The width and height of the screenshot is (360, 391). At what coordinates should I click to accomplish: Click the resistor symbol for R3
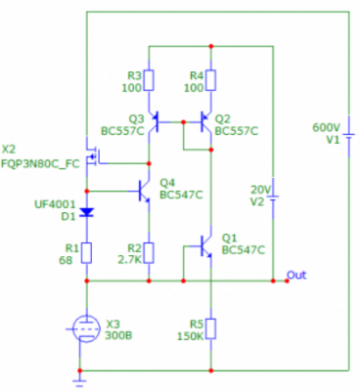(149, 80)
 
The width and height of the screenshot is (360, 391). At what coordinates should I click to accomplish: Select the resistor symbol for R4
(211, 80)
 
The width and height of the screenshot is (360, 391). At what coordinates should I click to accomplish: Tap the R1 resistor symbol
(87, 253)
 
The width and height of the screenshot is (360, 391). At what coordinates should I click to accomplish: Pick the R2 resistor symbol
(149, 253)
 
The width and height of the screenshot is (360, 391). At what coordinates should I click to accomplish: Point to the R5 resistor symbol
(211, 329)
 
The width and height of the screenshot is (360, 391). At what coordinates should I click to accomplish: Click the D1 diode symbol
(87, 213)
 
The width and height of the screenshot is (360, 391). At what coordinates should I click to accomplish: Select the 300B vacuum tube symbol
(85, 328)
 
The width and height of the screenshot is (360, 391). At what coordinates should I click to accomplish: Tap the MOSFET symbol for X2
(93, 155)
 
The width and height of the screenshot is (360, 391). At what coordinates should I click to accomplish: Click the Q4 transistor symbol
(143, 191)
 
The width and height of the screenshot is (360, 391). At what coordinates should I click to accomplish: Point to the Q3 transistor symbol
(155, 122)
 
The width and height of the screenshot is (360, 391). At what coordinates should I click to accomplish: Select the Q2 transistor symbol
(205, 122)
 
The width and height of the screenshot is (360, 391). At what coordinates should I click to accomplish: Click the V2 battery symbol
(273, 197)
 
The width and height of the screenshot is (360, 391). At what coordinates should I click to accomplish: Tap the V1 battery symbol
(349, 135)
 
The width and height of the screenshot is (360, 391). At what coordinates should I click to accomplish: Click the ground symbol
(79, 381)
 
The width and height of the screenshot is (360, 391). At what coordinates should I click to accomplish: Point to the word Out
(296, 275)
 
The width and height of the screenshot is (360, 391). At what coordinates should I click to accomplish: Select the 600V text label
(327, 127)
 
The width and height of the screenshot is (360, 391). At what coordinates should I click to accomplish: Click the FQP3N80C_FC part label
(40, 163)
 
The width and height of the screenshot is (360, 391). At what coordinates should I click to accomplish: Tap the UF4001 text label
(55, 204)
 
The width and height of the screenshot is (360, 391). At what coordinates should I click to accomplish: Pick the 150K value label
(191, 336)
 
